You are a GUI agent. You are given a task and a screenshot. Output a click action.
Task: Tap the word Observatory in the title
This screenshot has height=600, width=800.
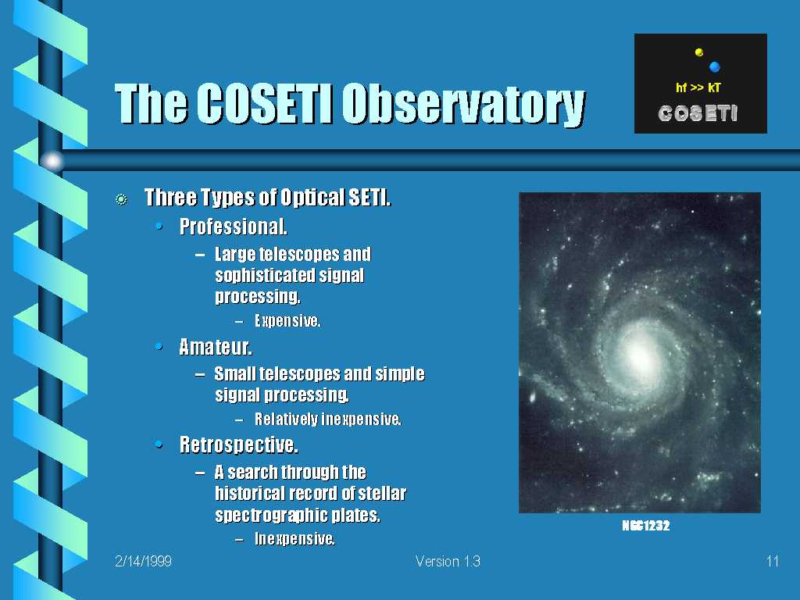(x=463, y=105)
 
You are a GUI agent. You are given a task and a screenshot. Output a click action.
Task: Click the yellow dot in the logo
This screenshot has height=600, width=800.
(x=699, y=52)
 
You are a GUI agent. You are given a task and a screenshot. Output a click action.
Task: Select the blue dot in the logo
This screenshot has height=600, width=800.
(x=714, y=66)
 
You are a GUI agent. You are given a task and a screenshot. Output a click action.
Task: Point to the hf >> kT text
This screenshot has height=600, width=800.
(x=698, y=87)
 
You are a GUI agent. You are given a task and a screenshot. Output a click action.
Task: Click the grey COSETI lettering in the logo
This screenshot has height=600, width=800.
(x=698, y=113)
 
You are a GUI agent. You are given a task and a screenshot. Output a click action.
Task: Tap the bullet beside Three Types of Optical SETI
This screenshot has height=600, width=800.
(x=121, y=199)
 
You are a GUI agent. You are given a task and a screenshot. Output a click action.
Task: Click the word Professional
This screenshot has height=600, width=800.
(x=233, y=227)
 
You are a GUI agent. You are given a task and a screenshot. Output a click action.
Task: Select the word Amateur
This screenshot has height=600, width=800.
(x=216, y=347)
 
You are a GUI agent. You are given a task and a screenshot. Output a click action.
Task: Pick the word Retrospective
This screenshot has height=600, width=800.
(x=239, y=445)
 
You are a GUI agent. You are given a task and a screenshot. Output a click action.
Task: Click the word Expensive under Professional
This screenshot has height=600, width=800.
(x=287, y=320)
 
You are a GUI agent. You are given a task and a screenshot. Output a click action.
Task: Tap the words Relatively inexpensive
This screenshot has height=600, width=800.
(x=328, y=419)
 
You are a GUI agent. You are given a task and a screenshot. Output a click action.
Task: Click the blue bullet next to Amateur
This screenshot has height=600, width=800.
(x=159, y=347)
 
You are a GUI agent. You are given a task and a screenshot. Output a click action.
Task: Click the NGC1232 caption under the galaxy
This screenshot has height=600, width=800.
(x=645, y=526)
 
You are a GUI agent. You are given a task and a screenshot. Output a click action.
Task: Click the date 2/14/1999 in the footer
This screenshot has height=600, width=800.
(x=144, y=561)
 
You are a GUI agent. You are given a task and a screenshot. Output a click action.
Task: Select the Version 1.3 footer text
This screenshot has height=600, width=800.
(x=448, y=561)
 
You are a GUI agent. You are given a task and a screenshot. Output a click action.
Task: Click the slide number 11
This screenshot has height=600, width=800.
(x=773, y=561)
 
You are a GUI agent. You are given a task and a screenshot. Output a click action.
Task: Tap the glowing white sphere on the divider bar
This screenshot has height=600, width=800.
(x=52, y=161)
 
